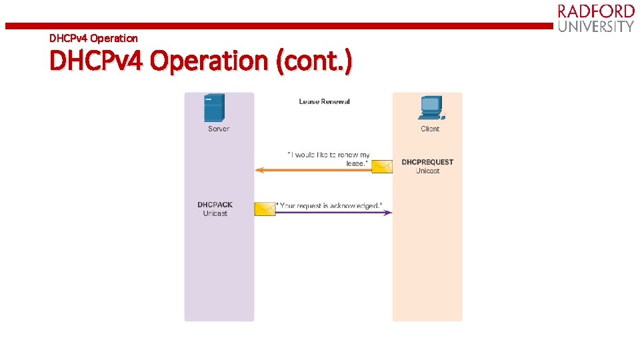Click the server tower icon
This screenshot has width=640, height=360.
click(x=215, y=108)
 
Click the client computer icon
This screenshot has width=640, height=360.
click(x=430, y=108)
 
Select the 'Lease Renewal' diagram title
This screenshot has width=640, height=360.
click(x=324, y=101)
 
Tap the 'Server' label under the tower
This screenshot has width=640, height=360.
click(x=219, y=129)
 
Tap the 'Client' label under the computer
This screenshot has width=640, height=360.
click(x=430, y=129)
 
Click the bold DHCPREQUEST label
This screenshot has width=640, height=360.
click(x=427, y=162)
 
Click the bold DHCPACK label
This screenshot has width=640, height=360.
click(x=215, y=205)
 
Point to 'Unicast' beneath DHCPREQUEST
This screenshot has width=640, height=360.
click(x=427, y=171)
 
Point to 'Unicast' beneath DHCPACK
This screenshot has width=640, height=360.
click(x=215, y=213)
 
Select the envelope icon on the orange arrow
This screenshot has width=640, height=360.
click(x=382, y=166)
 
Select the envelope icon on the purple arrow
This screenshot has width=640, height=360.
click(x=265, y=209)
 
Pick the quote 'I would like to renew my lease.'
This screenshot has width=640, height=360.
click(x=329, y=159)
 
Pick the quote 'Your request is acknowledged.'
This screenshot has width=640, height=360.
click(x=329, y=205)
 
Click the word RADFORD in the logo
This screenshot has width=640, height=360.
click(x=596, y=11)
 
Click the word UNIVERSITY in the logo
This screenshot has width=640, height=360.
click(x=596, y=27)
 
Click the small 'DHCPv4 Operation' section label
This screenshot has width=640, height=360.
click(x=93, y=38)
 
